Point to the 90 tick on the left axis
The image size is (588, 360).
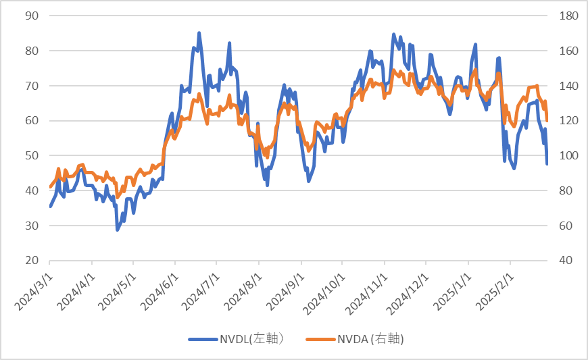31,16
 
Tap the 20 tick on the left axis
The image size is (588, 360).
31,261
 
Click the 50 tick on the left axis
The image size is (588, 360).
31,155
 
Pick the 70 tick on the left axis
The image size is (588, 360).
31,86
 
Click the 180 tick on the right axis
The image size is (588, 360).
565,16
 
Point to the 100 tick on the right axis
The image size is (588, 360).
565,155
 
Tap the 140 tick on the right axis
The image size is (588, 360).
565,86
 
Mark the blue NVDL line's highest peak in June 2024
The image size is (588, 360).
199,32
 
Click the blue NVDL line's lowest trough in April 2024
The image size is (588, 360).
117,230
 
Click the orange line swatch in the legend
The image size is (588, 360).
320,339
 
